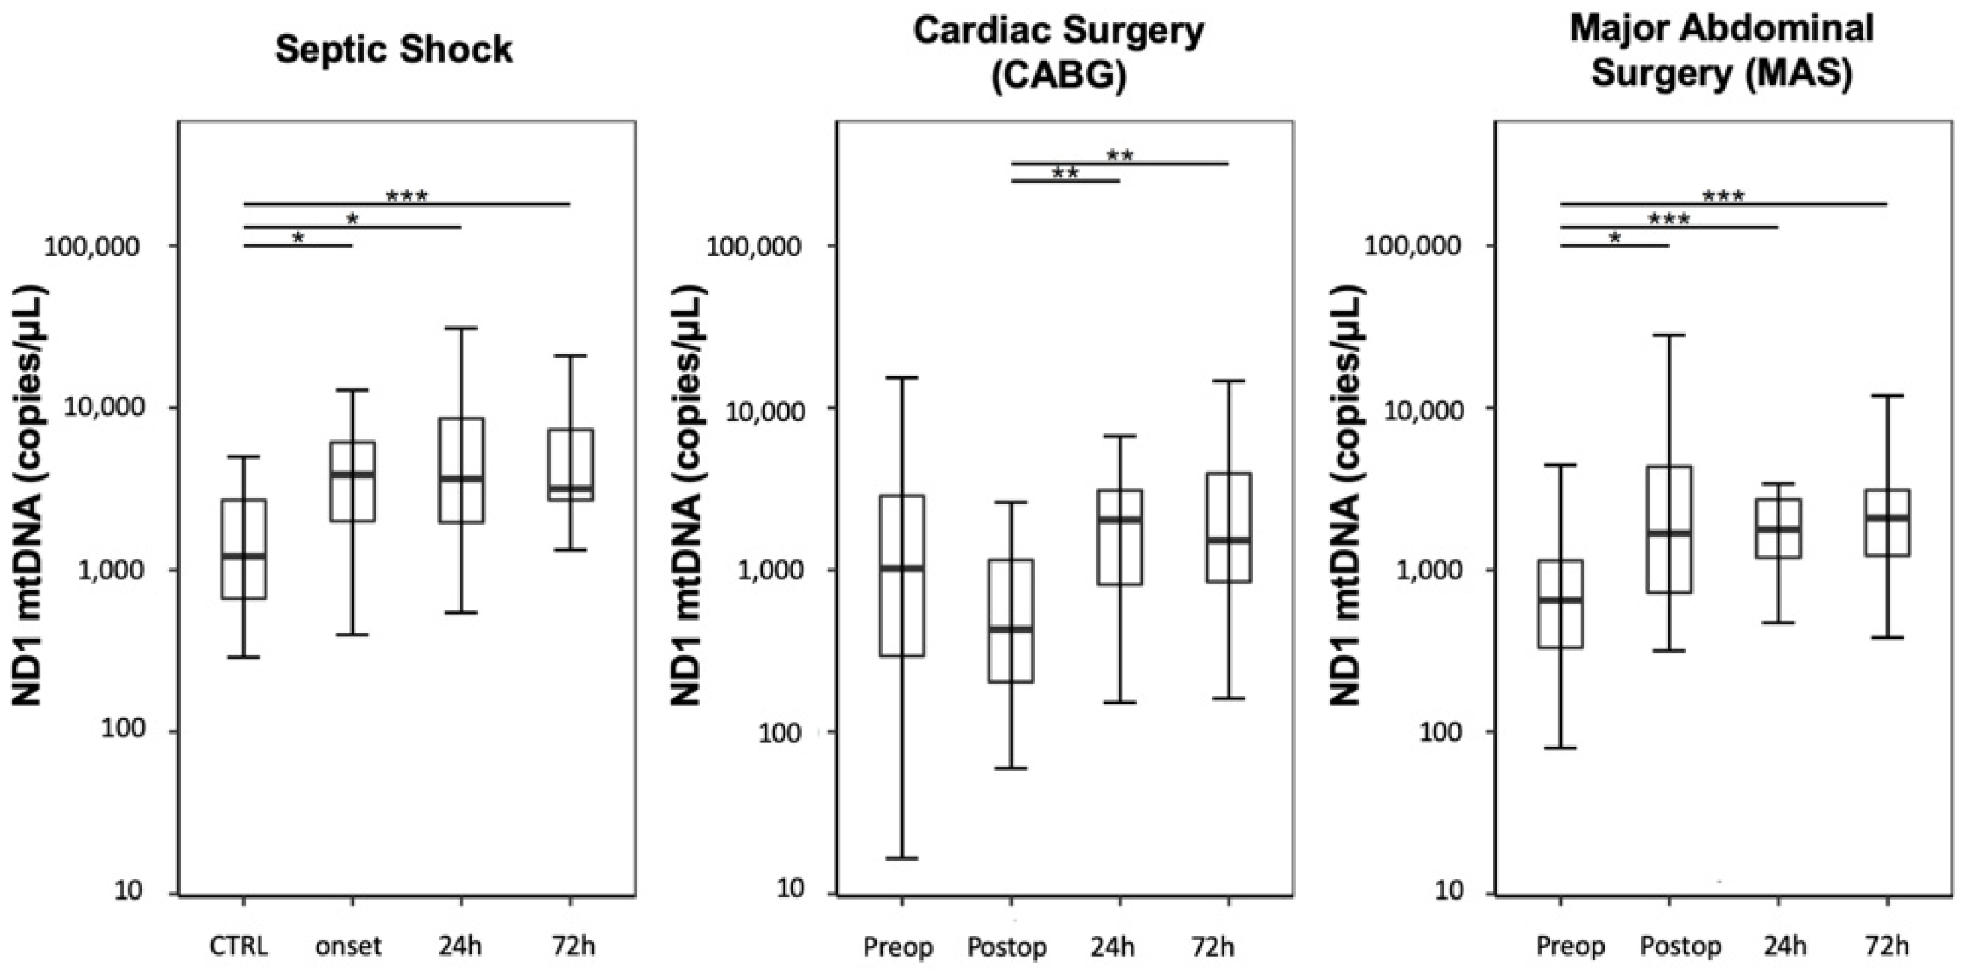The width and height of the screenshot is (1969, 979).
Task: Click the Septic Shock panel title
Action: click(394, 50)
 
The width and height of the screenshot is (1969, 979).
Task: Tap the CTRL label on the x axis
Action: click(239, 946)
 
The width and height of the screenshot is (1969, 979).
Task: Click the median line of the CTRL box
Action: click(244, 556)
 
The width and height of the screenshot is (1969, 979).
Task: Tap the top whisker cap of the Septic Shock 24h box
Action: click(462, 328)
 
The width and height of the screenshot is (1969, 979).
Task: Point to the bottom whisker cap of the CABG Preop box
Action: click(902, 858)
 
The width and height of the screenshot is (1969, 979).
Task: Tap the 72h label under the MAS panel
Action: click(1886, 946)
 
